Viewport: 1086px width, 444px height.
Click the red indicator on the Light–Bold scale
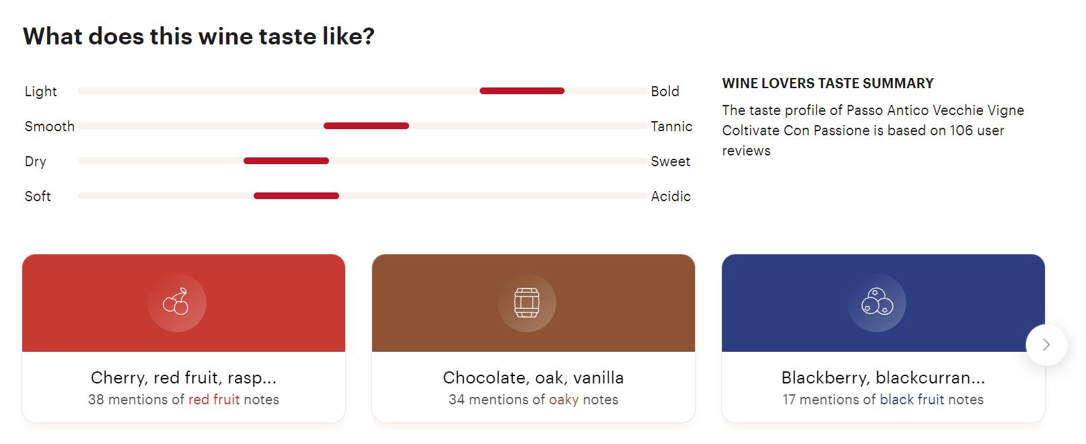(521, 91)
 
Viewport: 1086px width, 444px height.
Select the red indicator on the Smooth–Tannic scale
(366, 126)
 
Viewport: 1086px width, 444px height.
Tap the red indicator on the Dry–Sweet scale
(286, 161)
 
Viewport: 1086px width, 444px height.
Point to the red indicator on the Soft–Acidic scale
(296, 196)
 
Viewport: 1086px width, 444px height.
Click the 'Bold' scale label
(665, 91)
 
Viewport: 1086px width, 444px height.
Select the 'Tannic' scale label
(672, 126)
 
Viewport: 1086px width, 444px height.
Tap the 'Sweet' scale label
(670, 161)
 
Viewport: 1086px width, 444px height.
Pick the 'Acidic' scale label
(671, 196)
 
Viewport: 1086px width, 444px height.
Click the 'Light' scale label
(41, 91)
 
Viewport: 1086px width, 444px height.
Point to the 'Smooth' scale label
(49, 126)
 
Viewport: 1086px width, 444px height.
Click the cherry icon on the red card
(176, 302)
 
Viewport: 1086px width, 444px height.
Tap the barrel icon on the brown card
(527, 303)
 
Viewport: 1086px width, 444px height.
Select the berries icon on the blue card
(877, 301)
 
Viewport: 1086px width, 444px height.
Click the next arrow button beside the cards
(1046, 344)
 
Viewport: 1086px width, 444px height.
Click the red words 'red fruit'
(214, 400)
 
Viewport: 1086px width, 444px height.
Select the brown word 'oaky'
(564, 400)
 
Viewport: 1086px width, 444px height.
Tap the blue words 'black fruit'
(912, 400)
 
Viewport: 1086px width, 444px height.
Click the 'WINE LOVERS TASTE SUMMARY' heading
(828, 83)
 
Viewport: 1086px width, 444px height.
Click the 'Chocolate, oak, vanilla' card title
(534, 377)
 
